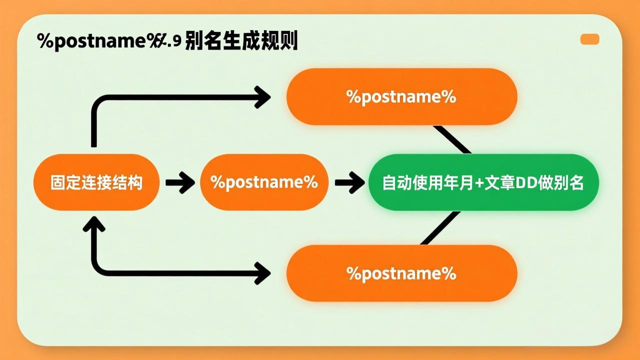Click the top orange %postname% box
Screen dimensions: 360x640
(401, 96)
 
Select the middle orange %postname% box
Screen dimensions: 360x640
(264, 182)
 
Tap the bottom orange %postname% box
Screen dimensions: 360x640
(401, 273)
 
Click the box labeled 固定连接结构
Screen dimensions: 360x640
(96, 182)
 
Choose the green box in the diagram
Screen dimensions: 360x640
(483, 182)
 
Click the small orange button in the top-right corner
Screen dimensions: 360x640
(589, 39)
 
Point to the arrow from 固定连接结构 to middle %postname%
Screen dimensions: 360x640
(179, 182)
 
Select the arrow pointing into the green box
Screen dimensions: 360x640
(349, 182)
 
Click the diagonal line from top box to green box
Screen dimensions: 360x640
(452, 139)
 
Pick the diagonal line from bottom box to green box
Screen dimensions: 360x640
(440, 228)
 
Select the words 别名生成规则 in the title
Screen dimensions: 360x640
(241, 41)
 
